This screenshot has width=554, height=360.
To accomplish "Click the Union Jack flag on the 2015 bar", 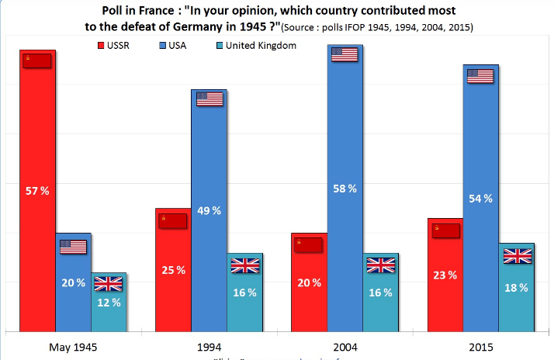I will pos(517,256).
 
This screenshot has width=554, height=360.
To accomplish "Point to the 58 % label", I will pos(346,188).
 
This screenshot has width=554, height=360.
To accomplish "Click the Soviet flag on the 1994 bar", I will pos(172,220).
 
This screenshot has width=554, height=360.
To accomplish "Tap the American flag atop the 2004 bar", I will pos(345,54).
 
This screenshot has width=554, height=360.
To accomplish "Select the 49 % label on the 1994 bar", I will pos(209,209).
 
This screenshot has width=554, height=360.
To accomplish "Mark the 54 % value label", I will pos(481,199).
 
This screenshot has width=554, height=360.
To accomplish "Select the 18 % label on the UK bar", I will pos(516,287).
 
